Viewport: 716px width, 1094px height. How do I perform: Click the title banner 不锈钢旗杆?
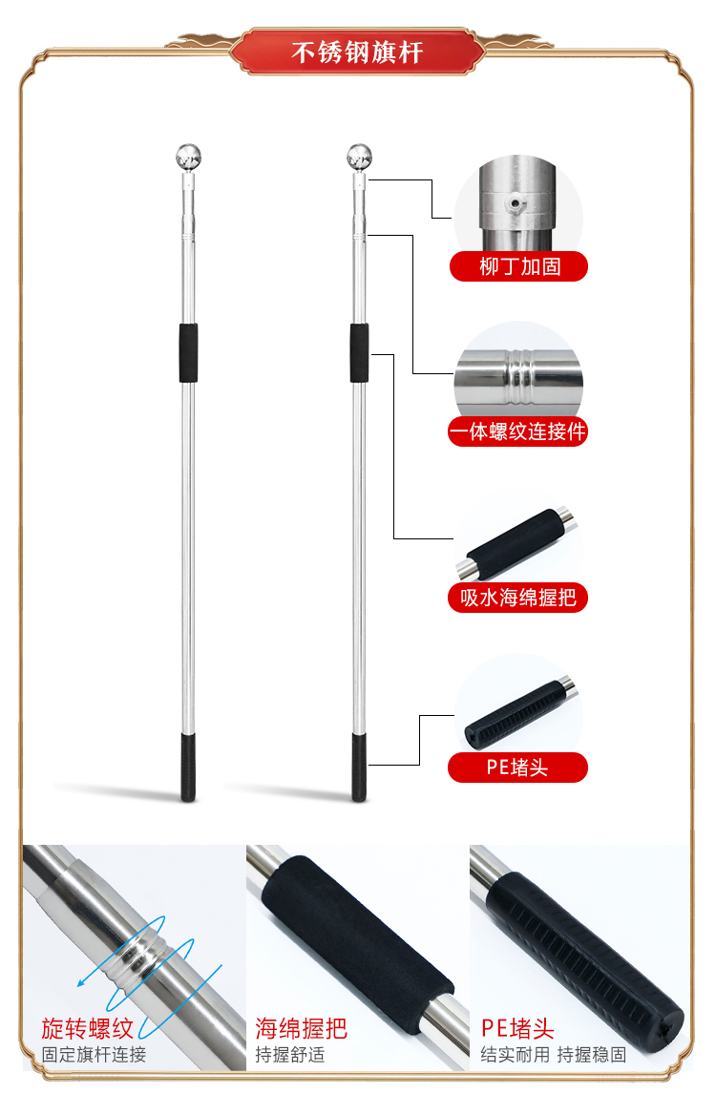tap(357, 52)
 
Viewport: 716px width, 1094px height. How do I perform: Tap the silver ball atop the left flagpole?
tap(188, 157)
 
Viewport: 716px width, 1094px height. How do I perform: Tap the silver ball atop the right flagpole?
tap(359, 157)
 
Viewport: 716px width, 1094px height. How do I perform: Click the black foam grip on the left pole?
tap(188, 353)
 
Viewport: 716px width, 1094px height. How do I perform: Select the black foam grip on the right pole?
tap(359, 353)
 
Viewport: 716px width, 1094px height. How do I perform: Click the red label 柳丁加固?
tap(518, 266)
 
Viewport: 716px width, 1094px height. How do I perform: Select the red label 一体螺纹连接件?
tap(517, 431)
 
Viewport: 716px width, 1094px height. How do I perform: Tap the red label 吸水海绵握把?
tap(517, 598)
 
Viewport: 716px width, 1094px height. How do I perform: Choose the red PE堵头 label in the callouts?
tap(517, 768)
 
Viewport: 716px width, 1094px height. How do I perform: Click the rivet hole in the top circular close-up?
tap(515, 203)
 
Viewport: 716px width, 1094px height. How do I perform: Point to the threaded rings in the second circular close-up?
tap(520, 377)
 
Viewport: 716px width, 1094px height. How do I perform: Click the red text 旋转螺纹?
tap(87, 1028)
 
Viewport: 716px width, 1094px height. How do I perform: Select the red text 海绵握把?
tap(301, 1028)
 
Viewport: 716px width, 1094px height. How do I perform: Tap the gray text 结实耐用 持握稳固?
tap(554, 1054)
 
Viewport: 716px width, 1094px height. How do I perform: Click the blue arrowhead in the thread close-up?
tap(82, 982)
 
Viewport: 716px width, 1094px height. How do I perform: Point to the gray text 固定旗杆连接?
tap(94, 1054)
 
